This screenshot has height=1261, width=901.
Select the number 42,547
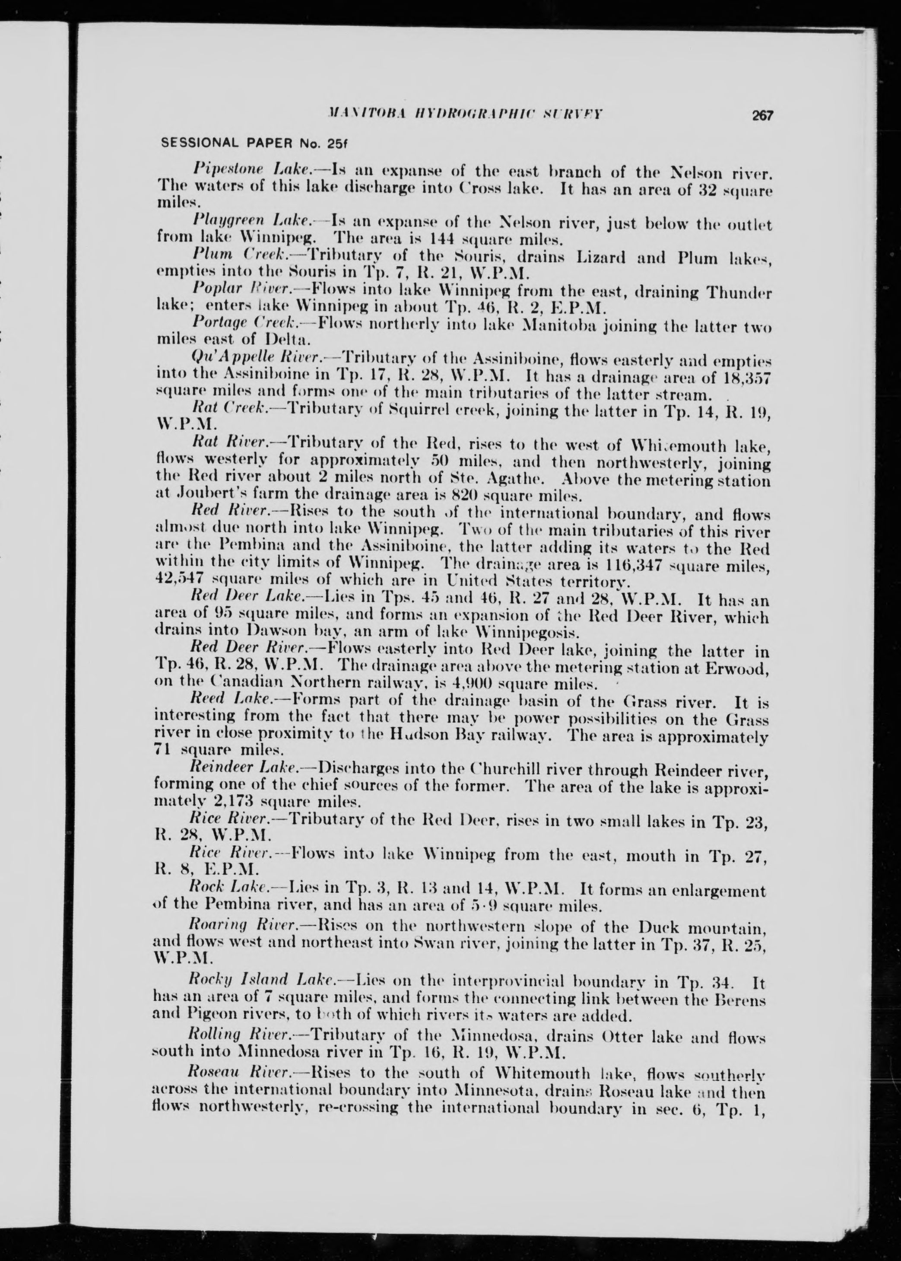click(x=176, y=583)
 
